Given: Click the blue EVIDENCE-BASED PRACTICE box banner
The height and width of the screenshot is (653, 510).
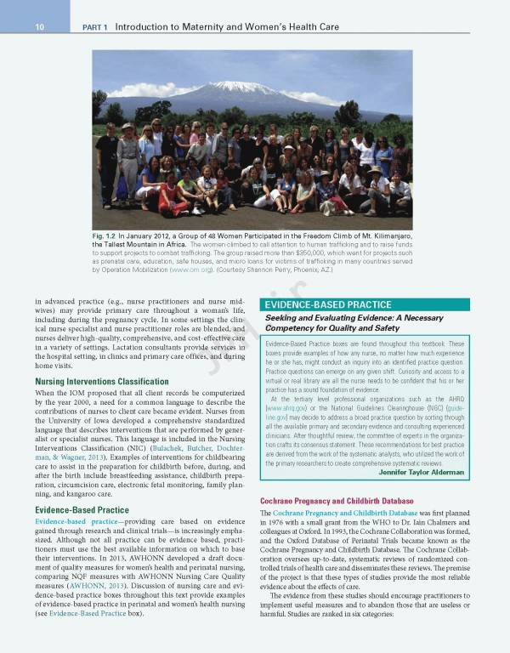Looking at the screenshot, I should (x=328, y=304).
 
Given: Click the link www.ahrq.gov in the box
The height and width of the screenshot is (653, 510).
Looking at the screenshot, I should (x=283, y=408).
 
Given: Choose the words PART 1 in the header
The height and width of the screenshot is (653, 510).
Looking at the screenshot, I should (x=94, y=27).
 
